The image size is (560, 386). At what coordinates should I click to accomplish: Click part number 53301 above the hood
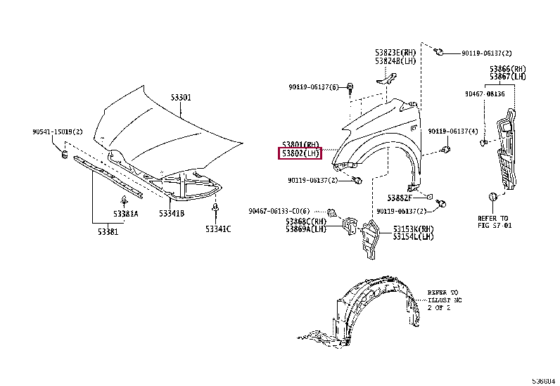(181, 98)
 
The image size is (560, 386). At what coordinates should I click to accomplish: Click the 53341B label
(172, 213)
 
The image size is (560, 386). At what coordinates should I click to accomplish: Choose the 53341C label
(218, 229)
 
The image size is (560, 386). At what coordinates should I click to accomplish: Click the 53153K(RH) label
(414, 229)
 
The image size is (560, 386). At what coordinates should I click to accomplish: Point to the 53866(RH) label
(508, 69)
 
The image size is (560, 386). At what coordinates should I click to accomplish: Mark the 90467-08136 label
(485, 94)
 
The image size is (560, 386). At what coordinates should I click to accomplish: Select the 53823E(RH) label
(395, 53)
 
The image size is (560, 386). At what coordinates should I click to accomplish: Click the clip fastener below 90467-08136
(484, 143)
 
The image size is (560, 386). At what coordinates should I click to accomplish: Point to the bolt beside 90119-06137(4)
(445, 149)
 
